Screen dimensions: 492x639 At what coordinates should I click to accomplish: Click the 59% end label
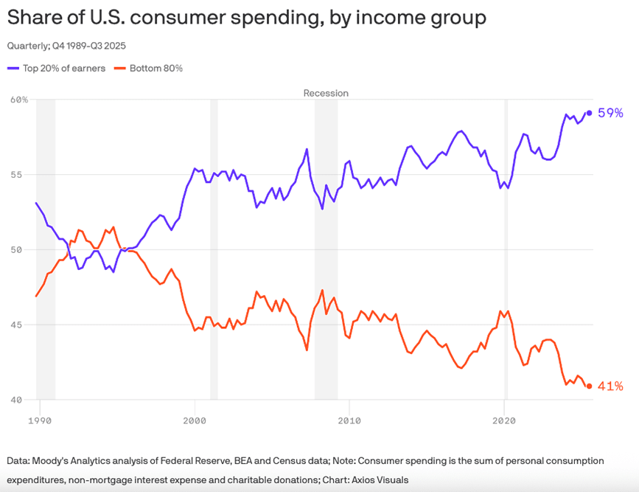[x=611, y=113]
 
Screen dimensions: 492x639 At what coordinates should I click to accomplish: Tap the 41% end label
[x=611, y=386]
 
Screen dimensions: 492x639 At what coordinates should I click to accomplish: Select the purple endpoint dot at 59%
[x=590, y=113]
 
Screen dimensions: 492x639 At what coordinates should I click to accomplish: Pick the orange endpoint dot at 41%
[x=590, y=386]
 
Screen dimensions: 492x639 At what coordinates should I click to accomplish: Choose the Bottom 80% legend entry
[x=156, y=68]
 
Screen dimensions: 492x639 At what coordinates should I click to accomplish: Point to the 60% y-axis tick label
[x=18, y=100]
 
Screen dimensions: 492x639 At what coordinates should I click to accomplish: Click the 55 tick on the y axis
[x=22, y=175]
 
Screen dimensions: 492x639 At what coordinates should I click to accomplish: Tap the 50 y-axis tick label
[x=22, y=250]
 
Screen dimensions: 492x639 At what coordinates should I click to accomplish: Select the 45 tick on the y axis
[x=22, y=325]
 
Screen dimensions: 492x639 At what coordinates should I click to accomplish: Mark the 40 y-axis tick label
[x=22, y=401]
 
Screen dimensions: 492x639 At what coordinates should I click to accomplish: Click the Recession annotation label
[x=326, y=93]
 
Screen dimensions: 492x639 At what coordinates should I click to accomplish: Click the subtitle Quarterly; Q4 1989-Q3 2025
[x=66, y=46]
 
